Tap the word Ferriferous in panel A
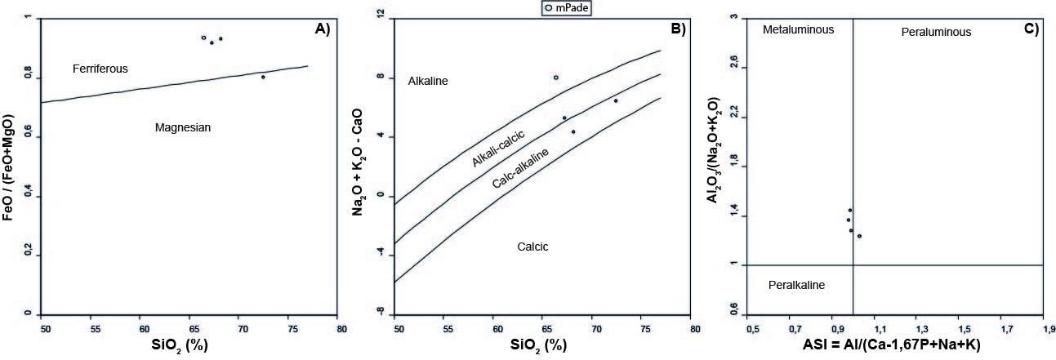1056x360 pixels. tap(100, 69)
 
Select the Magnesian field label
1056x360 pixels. tap(183, 127)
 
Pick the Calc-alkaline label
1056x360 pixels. tap(520, 168)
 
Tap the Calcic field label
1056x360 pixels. tap(532, 247)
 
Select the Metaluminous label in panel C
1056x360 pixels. tap(798, 29)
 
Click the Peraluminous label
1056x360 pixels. tap(936, 32)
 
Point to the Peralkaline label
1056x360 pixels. tap(797, 285)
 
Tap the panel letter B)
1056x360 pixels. tap(678, 29)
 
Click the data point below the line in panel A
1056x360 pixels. tap(263, 77)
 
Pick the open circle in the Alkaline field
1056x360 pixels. tap(556, 78)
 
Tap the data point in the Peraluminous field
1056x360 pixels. tap(859, 236)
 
